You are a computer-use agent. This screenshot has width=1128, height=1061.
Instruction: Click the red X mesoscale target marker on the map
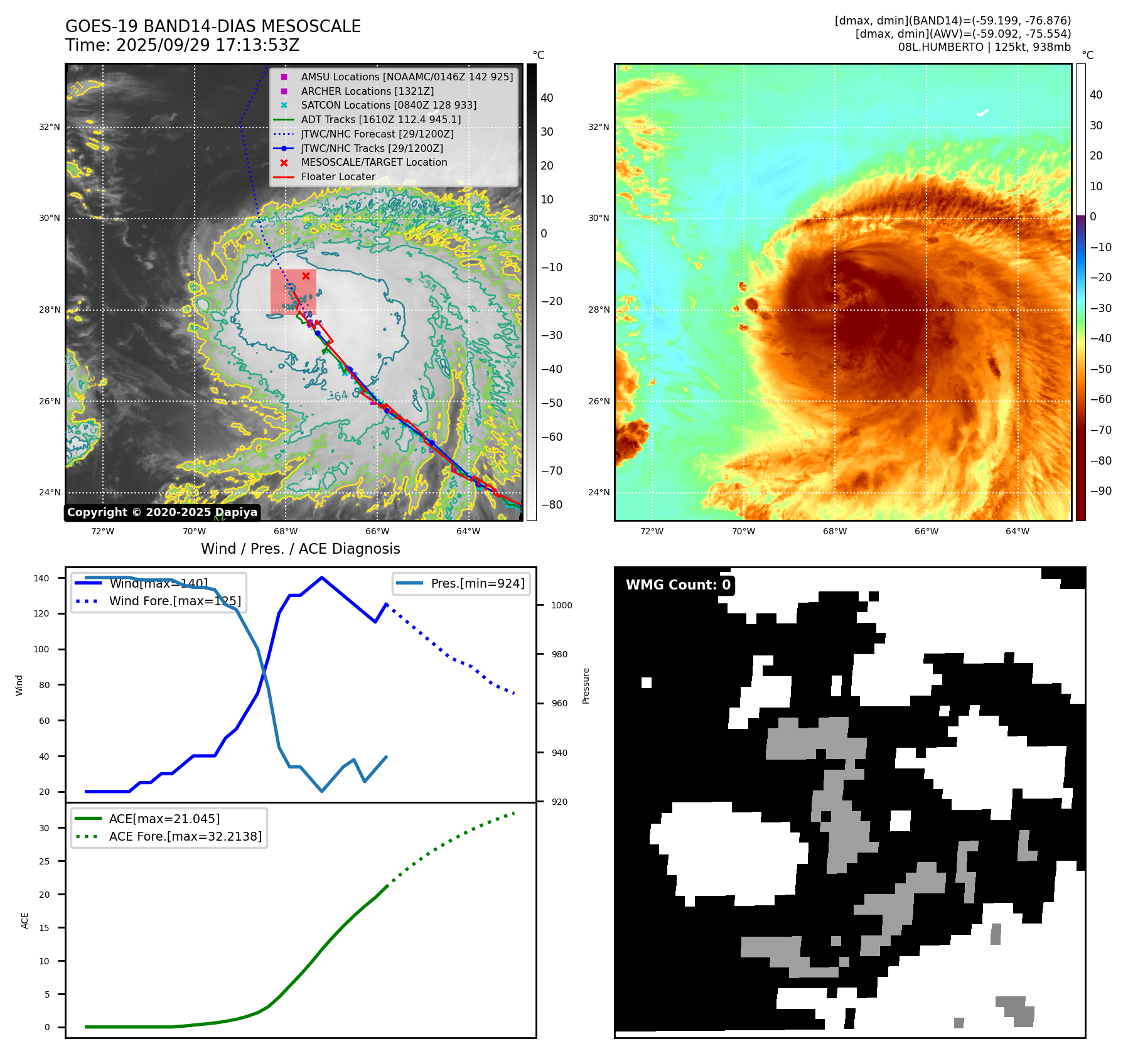306,276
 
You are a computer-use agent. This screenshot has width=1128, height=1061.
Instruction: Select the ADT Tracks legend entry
380,119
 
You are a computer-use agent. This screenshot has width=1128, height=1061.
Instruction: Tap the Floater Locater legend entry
338,177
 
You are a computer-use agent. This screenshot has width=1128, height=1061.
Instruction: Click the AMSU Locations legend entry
407,77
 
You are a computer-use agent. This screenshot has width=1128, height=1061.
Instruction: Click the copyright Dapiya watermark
162,512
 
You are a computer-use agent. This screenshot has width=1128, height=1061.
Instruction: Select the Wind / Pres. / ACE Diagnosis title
300,549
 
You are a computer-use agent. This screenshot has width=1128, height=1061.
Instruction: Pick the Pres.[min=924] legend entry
477,583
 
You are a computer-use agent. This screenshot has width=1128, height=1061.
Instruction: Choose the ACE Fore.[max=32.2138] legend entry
185,836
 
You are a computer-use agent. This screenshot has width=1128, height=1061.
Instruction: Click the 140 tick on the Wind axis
41,578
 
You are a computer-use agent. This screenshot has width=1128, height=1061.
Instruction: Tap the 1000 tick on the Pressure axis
561,605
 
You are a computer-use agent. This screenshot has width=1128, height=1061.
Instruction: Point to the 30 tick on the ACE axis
44,828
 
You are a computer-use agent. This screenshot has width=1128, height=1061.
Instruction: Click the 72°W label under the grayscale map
102,531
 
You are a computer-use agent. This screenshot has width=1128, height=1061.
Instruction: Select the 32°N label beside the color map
598,127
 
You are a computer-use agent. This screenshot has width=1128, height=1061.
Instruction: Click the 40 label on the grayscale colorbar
547,98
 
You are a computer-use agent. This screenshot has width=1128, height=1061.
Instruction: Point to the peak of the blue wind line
321,578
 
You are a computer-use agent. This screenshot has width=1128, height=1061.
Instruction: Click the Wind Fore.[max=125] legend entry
175,601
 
